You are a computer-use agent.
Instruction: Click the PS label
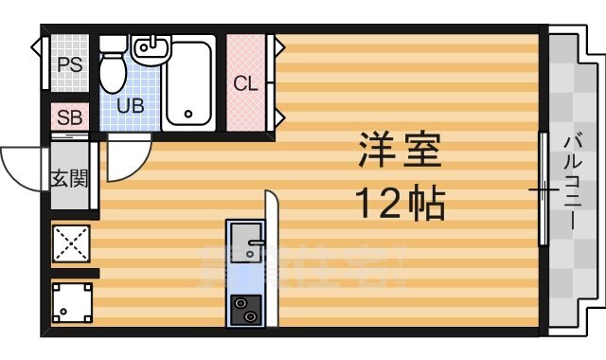pos(68,64)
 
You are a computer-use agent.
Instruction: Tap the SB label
pos(69,118)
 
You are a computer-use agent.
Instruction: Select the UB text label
pos(131,105)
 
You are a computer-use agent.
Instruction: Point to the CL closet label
pos(245,83)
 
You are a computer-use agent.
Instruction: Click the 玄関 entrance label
pos(69,177)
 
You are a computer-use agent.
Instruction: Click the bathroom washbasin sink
pos(150,46)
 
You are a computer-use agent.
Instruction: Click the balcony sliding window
pos(543,189)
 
